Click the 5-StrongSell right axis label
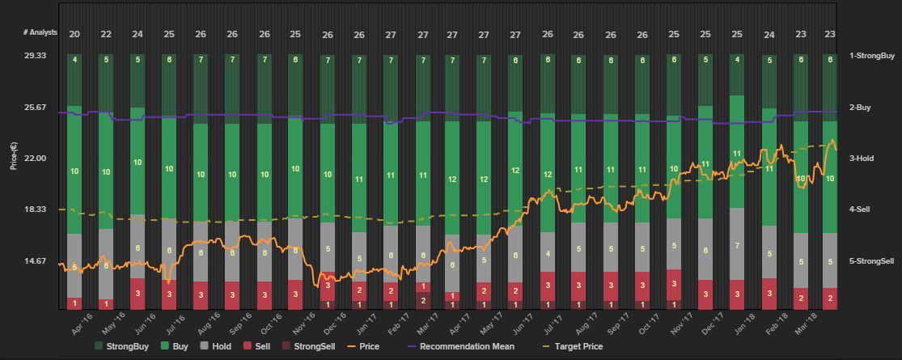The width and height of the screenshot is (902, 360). point(871,261)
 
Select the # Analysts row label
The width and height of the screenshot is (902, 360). point(40,34)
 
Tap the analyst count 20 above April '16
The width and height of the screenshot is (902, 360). point(74,34)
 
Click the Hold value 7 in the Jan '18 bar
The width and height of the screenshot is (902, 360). point(737,245)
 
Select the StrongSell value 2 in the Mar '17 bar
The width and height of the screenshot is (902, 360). point(422,299)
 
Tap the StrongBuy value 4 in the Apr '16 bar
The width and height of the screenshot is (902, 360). point(74,60)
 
